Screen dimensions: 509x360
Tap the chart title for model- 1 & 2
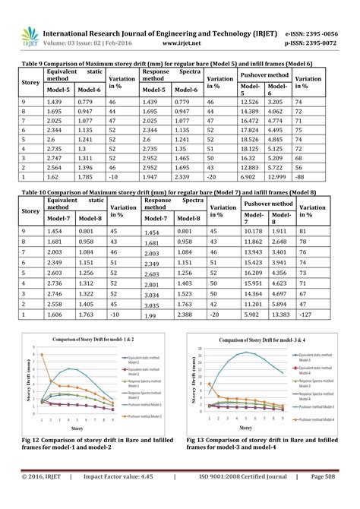pos(84,338)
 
